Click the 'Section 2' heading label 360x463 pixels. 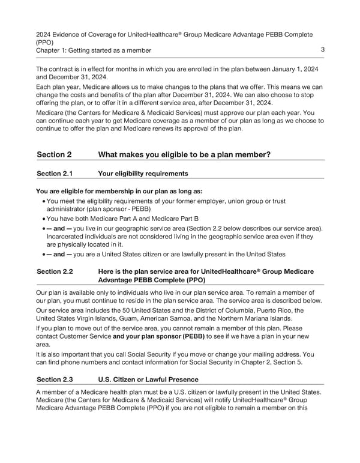tap(54, 154)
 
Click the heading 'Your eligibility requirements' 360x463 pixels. tap(143, 174)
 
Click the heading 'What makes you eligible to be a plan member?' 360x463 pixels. tap(184, 154)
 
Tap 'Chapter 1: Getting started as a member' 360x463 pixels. tap(94, 50)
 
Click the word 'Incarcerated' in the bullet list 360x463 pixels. tap(65, 236)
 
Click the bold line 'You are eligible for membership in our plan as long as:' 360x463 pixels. tap(119, 192)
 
